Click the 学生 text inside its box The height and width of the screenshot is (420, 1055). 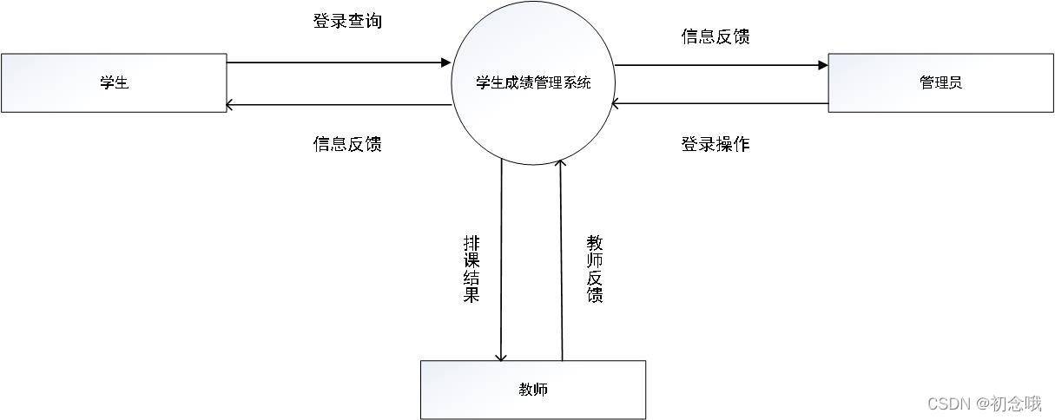(x=114, y=83)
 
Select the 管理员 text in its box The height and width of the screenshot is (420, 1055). (x=940, y=83)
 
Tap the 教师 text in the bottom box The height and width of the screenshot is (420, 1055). (x=533, y=389)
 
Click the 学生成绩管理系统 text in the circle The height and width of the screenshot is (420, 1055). (x=533, y=83)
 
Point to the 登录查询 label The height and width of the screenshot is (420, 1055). (x=346, y=21)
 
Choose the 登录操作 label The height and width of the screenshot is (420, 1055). (x=715, y=144)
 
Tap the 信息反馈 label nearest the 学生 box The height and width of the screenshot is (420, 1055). (x=346, y=144)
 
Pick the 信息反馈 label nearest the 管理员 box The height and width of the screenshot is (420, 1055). (x=715, y=36)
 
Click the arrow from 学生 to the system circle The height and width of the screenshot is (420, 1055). (x=339, y=62)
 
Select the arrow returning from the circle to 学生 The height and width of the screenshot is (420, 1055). (x=339, y=105)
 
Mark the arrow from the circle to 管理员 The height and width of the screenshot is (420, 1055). (x=721, y=65)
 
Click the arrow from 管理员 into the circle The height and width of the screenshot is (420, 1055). (x=721, y=104)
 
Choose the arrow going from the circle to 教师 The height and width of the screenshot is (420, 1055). (x=502, y=260)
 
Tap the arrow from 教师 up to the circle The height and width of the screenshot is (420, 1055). (x=562, y=260)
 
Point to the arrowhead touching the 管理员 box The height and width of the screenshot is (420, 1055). (x=822, y=65)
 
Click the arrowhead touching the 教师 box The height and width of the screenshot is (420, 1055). (x=502, y=357)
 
